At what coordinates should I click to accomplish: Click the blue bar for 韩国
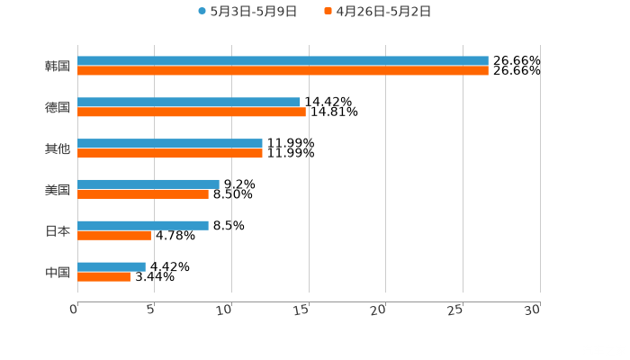(x=283, y=61)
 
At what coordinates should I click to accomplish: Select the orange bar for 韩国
(x=283, y=70)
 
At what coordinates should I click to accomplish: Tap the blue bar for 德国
(x=189, y=103)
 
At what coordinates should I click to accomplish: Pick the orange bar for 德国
(x=192, y=112)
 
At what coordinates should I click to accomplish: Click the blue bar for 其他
(x=170, y=144)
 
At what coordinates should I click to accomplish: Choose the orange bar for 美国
(x=143, y=193)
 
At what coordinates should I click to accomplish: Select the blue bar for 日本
(x=143, y=225)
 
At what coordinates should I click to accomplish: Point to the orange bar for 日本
(x=114, y=235)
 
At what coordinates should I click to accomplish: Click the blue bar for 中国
(x=112, y=266)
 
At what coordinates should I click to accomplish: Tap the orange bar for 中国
(x=104, y=276)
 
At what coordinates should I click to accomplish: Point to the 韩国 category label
(x=58, y=66)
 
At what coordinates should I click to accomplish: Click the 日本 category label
(x=58, y=230)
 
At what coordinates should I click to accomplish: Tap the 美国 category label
(x=58, y=189)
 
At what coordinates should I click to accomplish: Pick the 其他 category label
(x=58, y=148)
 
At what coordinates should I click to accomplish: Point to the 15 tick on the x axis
(x=303, y=310)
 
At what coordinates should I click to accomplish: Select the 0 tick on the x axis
(x=75, y=310)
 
